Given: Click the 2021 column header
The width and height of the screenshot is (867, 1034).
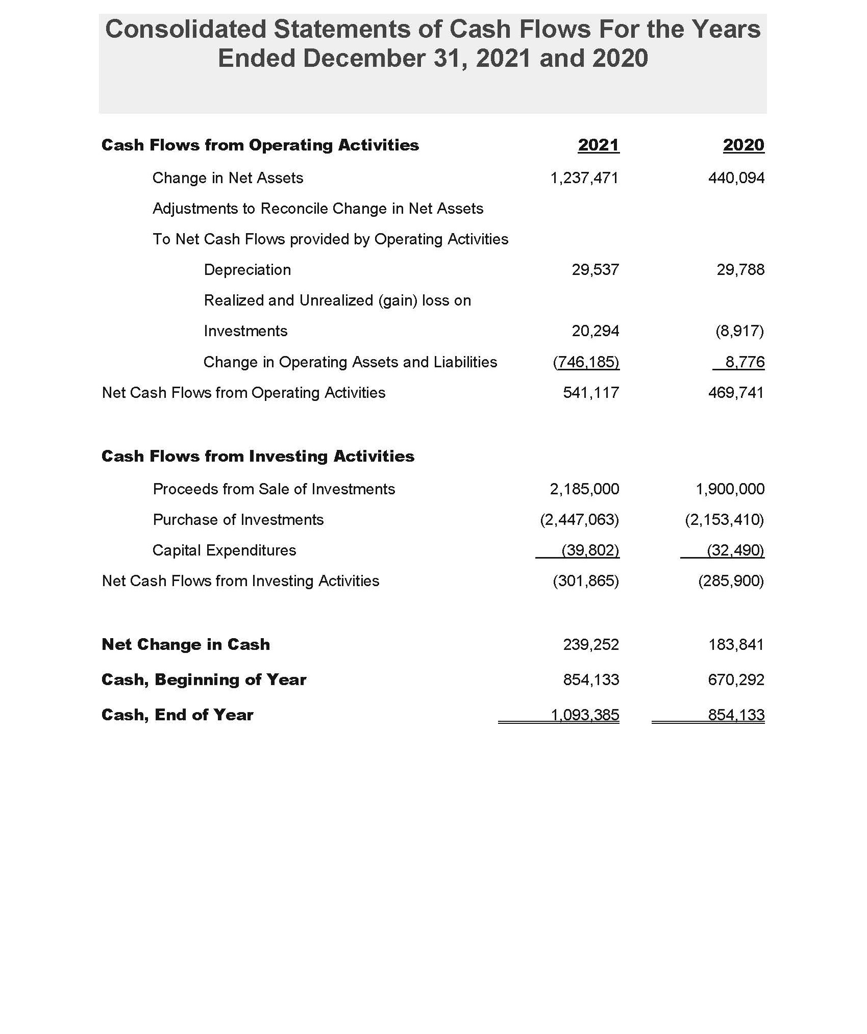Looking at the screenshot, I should point(598,145).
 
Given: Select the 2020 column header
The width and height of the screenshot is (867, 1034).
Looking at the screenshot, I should point(744,145).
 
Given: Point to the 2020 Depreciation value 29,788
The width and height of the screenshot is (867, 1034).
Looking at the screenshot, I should point(740,270).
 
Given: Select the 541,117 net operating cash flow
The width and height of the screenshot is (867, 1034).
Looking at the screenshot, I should point(591,393).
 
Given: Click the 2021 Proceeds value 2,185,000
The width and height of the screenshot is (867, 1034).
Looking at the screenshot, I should point(584,489).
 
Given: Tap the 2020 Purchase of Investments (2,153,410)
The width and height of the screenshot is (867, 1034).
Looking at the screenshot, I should point(724,520).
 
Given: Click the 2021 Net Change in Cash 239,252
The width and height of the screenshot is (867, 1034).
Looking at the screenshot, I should point(591,645).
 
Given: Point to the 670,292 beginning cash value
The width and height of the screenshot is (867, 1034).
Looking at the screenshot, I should point(736,680).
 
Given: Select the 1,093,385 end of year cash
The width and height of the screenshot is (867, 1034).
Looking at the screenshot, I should point(585,715).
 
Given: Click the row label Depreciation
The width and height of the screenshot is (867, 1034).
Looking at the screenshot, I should point(247,270).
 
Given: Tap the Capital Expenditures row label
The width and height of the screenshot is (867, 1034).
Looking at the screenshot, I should point(224,550).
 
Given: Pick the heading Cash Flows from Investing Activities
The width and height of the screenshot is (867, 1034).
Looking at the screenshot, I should point(258,456).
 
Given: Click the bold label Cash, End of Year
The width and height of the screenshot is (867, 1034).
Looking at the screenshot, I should point(177,715).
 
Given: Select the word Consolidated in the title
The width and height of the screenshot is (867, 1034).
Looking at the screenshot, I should point(185,29).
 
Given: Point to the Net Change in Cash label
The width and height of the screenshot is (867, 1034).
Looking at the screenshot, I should point(186,645).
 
